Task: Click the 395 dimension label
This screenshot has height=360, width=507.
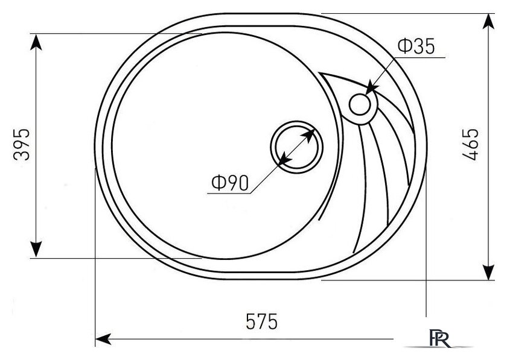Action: (22, 145)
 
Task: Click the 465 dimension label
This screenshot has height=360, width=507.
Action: (470, 145)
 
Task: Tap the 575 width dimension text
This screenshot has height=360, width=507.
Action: (261, 321)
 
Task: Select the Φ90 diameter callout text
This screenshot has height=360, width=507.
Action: (230, 183)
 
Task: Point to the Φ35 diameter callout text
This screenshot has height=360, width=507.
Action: (416, 46)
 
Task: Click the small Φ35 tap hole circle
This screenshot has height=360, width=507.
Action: (360, 105)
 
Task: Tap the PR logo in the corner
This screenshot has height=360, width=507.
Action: (440, 338)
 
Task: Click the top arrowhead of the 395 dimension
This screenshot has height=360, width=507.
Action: (36, 42)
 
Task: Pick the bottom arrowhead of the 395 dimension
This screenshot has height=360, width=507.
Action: (36, 250)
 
